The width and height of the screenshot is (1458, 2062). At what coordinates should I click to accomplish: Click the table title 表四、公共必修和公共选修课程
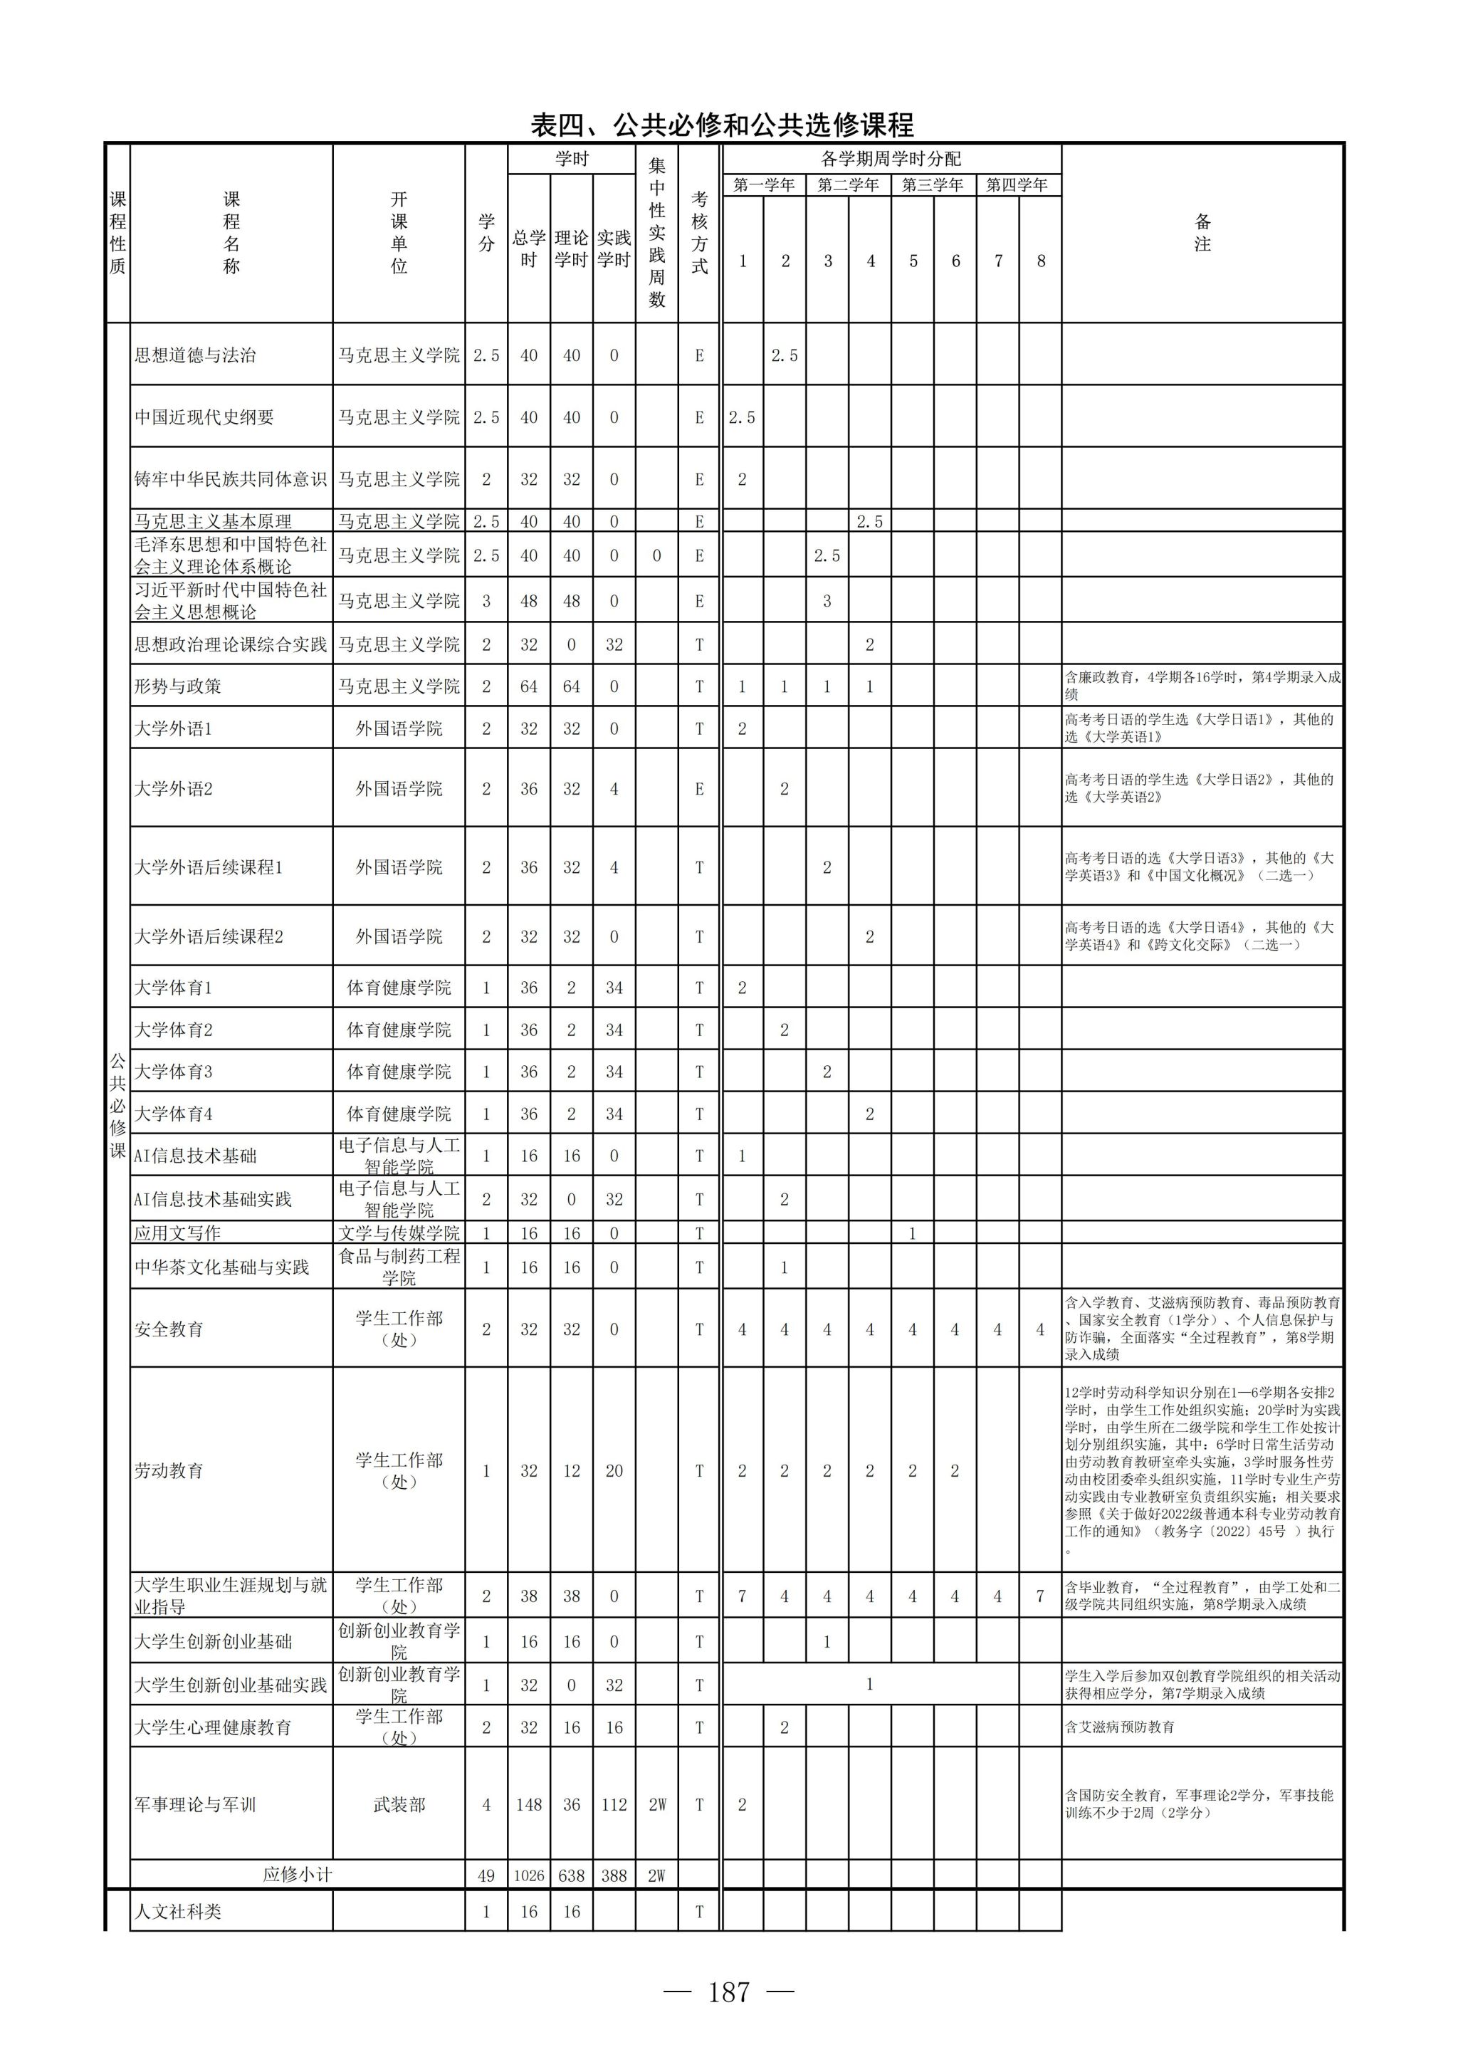point(722,124)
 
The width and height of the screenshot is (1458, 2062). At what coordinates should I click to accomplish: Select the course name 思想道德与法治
point(195,355)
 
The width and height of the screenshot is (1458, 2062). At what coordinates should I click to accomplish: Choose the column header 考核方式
point(699,233)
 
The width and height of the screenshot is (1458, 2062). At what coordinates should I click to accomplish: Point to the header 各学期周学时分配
point(891,159)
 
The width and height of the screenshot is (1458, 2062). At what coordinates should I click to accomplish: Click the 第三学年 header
point(933,185)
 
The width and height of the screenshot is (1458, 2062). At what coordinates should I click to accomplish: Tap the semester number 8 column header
point(1041,261)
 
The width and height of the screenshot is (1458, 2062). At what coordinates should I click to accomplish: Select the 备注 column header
point(1202,233)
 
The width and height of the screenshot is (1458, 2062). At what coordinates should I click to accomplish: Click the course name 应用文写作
point(178,1234)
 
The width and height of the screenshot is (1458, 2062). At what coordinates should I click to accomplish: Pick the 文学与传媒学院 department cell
point(399,1234)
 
